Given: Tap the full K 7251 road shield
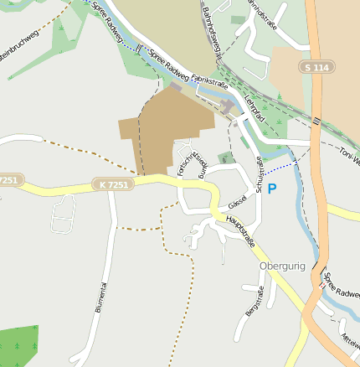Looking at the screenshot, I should point(113,183).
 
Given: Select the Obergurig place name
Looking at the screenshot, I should point(282,266).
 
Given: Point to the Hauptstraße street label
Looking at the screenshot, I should point(239,230).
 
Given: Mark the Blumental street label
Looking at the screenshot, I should point(101,297).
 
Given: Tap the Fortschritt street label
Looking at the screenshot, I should point(182,163).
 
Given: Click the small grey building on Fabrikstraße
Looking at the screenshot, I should point(228,107).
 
